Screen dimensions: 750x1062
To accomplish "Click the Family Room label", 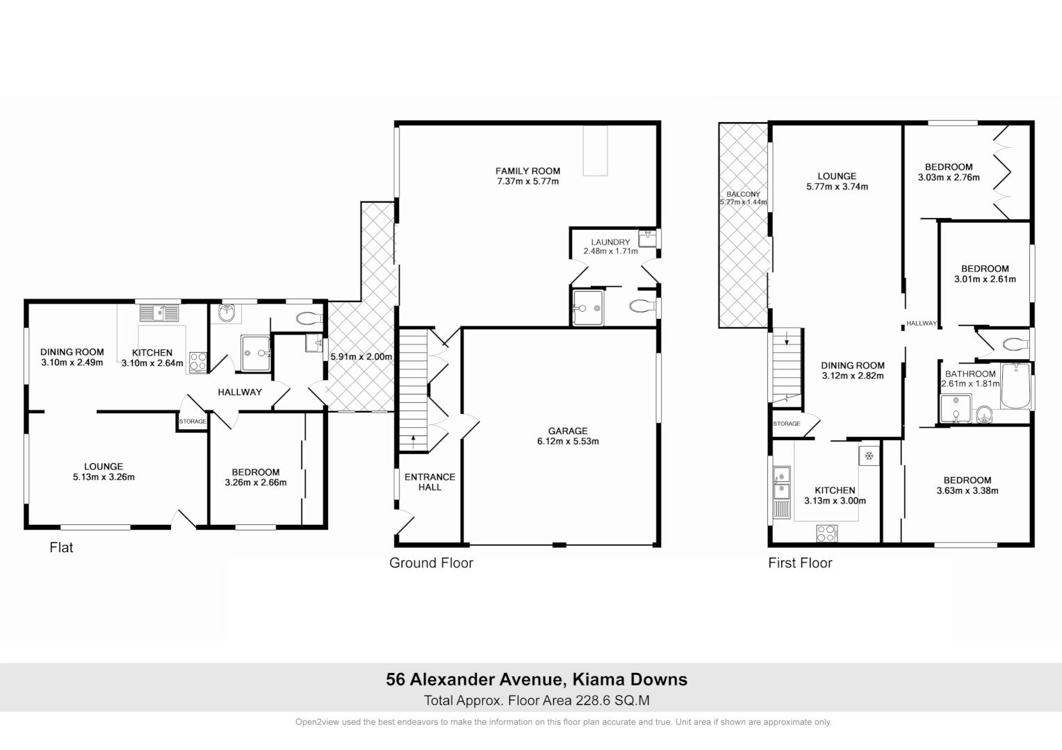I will pos(528,171).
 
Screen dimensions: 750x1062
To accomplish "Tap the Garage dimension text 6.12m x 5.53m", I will pos(567,441).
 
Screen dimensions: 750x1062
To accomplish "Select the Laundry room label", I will pos(611,242).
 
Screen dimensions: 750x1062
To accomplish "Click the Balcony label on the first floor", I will pos(743,194).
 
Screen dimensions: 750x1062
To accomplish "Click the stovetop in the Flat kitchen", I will pos(197,361).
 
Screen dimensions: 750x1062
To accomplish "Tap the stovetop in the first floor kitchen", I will pos(826,533).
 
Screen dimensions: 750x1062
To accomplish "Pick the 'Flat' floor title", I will pos(61,548).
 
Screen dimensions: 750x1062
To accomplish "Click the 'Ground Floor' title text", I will pos(431,563).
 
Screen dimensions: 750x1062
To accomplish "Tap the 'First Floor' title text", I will pos(800,563).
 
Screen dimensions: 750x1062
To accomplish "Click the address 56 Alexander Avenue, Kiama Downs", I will pos(537,679).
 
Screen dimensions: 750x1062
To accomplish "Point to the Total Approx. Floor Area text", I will pos(537,701).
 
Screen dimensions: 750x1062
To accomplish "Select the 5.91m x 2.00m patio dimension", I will pos(361,357).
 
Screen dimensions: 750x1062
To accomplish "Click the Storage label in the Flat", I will pos(193,422).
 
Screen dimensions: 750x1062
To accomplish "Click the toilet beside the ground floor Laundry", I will pos(642,305).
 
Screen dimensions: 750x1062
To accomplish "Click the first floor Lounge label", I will pos(837,176).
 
